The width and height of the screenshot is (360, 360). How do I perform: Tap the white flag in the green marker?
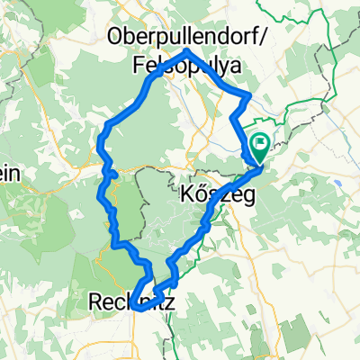(x=260, y=141)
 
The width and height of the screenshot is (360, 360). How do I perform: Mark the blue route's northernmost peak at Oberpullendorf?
(x=187, y=50)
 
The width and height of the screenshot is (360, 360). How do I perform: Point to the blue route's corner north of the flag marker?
(x=249, y=96)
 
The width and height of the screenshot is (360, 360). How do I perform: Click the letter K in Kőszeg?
(x=187, y=195)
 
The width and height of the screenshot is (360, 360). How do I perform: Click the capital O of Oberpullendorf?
(x=115, y=36)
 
